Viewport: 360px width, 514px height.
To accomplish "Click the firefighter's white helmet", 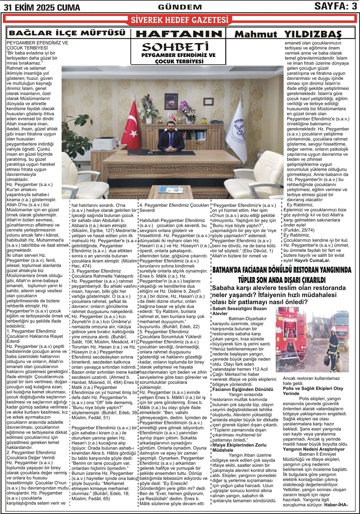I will [333, 329].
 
